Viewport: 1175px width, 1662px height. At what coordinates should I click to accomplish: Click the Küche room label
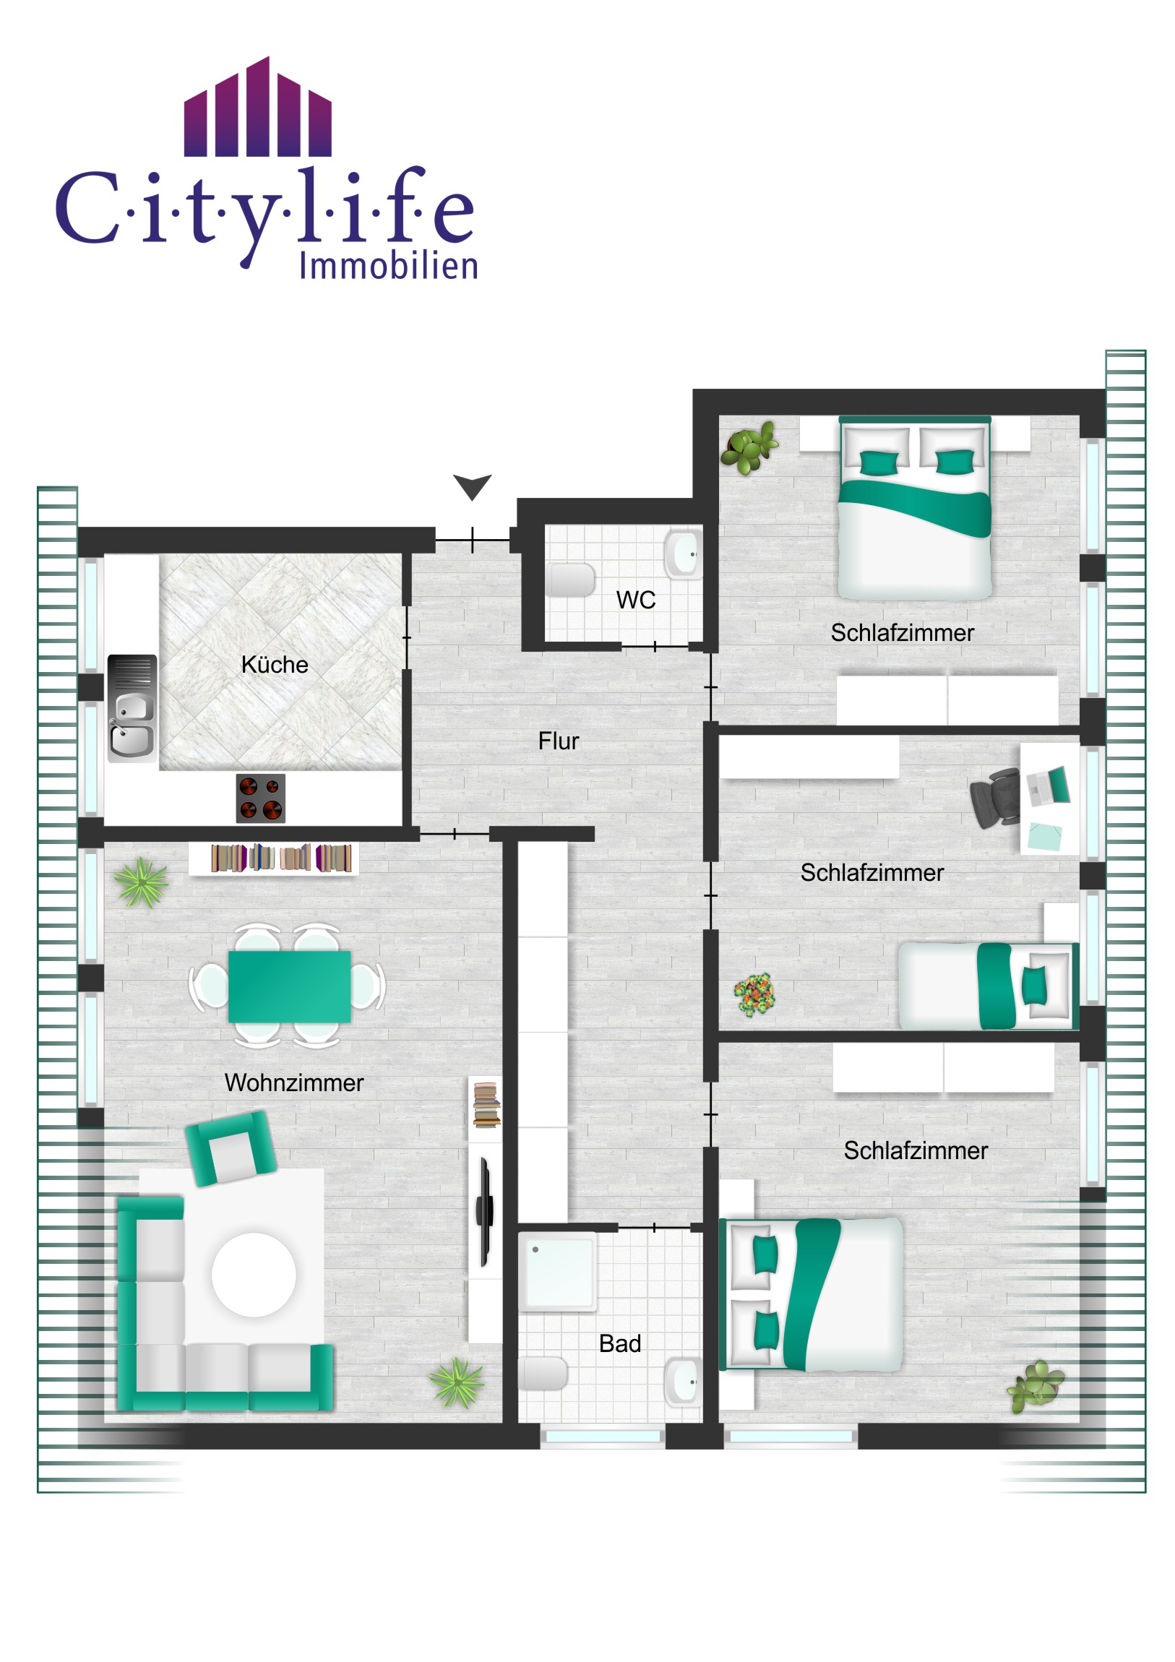[275, 665]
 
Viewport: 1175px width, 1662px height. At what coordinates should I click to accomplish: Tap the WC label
[636, 600]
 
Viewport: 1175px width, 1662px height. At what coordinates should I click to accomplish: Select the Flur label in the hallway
[558, 741]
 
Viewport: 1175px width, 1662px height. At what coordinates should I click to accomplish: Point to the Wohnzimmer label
[294, 1082]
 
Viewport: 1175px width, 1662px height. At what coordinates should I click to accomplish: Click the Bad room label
[620, 1343]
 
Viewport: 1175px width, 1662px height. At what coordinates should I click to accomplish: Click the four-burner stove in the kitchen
[261, 798]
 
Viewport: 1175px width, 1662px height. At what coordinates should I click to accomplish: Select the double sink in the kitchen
[132, 708]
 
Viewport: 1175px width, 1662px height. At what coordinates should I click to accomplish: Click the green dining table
[290, 986]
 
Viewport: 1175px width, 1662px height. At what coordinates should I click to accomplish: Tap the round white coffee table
[254, 1275]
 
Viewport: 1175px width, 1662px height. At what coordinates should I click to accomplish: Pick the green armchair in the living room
[231, 1148]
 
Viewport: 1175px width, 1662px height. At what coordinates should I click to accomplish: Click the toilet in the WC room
[570, 580]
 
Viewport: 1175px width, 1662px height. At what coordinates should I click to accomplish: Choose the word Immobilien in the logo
[389, 266]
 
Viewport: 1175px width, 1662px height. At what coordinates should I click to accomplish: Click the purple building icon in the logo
[258, 106]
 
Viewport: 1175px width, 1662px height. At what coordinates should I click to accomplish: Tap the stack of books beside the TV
[486, 1105]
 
